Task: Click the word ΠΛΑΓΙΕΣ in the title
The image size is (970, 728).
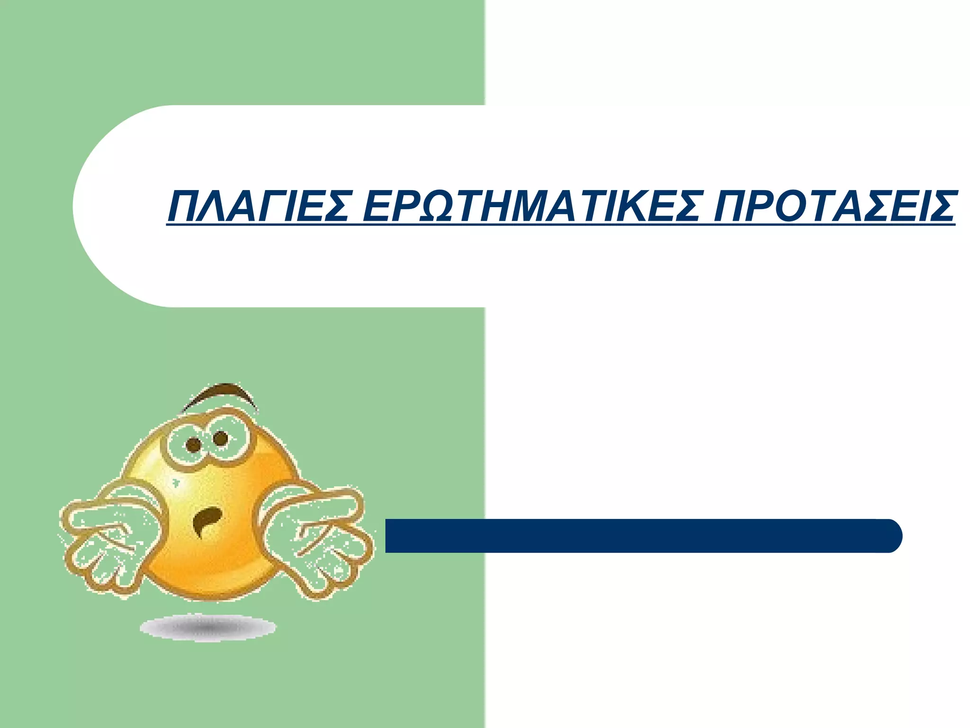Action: coord(259,207)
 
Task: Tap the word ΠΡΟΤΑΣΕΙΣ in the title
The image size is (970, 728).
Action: coord(834,207)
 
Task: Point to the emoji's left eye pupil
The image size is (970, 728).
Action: coord(194,445)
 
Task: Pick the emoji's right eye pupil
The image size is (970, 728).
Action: coord(221,438)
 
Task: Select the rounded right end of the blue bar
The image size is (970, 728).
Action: coord(890,536)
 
